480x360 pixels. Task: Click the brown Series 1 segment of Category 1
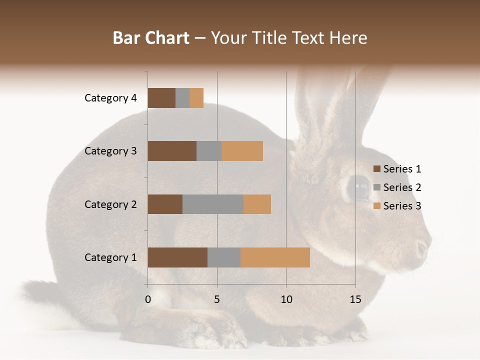177,257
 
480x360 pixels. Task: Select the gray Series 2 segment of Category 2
213,204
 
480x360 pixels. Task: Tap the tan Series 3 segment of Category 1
275,257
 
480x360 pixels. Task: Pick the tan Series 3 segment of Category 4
196,98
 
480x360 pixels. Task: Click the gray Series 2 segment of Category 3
209,151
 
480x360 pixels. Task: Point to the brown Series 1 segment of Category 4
161,98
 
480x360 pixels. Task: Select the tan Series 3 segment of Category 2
257,204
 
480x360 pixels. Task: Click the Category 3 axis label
110,151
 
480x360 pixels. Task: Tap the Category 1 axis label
110,257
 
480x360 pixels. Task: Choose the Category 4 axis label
110,98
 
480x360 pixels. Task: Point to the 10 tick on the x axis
286,299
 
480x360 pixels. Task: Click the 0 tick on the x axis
148,299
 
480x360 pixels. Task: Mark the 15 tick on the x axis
355,299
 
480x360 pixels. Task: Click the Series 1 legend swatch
376,169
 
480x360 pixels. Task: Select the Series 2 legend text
402,187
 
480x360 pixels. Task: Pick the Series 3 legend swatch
376,206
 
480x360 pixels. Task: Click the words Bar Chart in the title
151,38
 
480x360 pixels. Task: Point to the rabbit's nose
423,247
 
